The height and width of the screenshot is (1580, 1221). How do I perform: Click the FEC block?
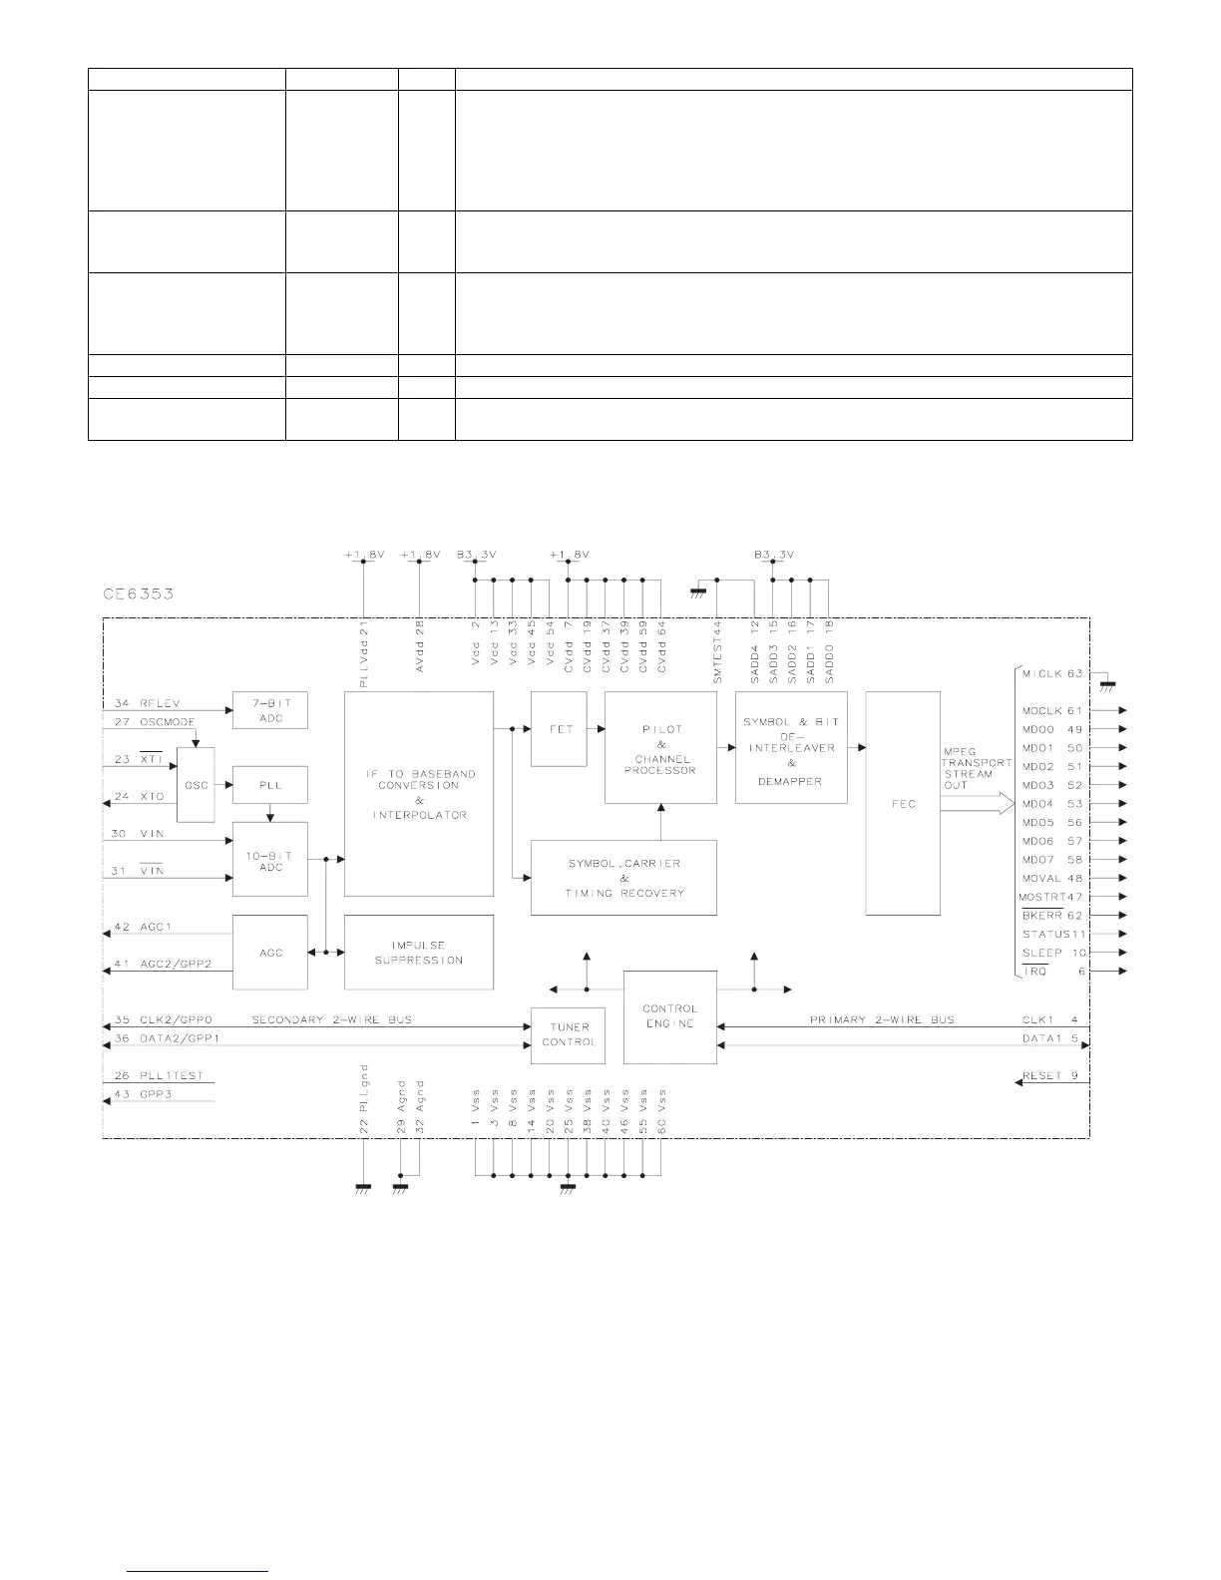coord(903,803)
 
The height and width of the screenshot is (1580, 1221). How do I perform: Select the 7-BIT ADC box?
coord(270,710)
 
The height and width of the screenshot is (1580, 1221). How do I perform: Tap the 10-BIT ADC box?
coord(270,859)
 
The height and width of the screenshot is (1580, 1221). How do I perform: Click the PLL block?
coord(270,785)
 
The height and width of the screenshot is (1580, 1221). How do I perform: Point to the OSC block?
coord(197,785)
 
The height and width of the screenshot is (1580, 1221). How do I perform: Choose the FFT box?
coord(559,729)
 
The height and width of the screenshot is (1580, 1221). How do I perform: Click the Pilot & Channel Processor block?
coord(660,747)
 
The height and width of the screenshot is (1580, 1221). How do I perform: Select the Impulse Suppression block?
coord(419,953)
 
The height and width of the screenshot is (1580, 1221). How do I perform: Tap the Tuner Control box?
coord(569,1035)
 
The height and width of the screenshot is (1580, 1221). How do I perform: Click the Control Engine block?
coord(670,1016)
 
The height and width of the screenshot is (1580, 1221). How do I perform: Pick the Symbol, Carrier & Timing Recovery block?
coord(623,878)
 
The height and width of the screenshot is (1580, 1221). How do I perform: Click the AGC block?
coord(270,953)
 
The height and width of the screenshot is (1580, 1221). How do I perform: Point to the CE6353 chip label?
coord(139,594)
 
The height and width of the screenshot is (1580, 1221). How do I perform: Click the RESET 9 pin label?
coord(1050,1077)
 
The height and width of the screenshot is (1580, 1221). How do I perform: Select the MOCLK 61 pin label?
coord(1052,711)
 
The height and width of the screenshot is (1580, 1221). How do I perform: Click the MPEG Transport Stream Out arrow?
coord(978,804)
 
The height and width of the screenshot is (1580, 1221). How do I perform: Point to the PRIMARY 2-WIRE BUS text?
coord(881,1019)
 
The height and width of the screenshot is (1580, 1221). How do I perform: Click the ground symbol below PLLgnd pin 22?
coord(363,1188)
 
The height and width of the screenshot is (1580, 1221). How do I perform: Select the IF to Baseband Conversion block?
coord(419,794)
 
